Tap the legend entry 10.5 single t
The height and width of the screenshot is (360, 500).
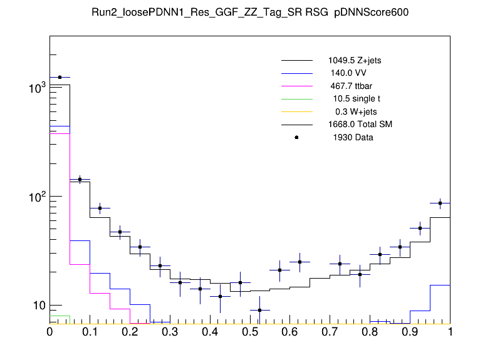[x=357, y=99]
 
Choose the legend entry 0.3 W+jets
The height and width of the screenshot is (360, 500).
[x=356, y=111]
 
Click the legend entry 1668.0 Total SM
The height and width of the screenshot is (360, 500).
[x=360, y=125]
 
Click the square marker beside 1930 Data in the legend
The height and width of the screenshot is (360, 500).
[x=296, y=137]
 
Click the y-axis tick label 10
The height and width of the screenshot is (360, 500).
[x=38, y=306]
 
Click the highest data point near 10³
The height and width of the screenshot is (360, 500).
[x=60, y=77]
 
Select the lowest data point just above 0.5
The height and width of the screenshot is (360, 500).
[x=260, y=310]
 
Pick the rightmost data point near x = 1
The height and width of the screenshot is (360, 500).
[x=440, y=203]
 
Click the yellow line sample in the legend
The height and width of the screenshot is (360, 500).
[x=296, y=111]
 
